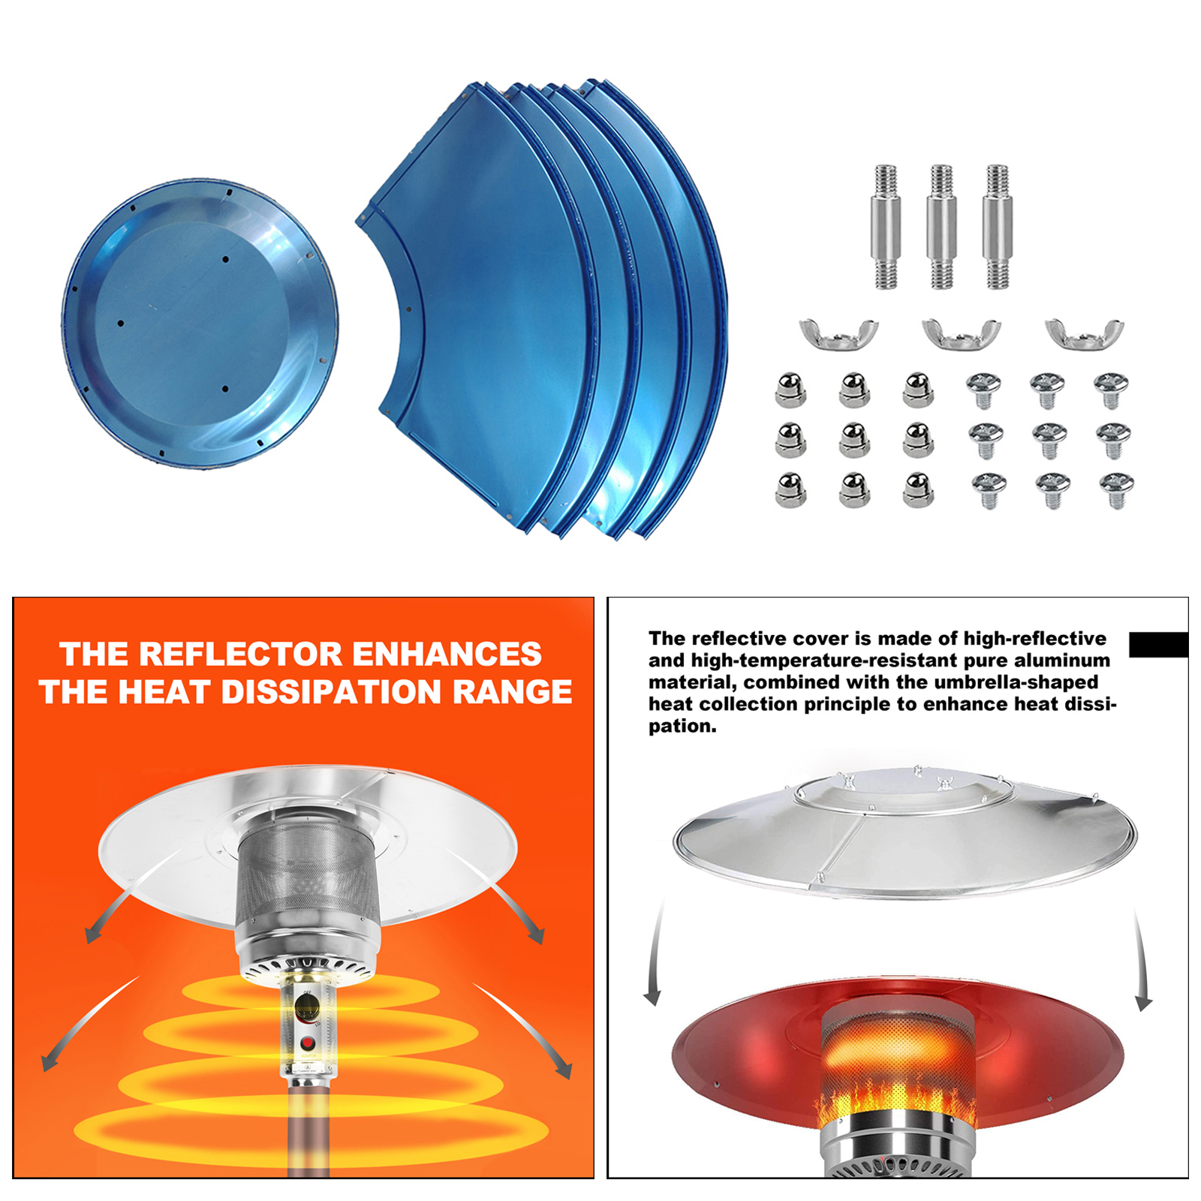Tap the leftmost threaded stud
coord(886,227)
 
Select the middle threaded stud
coord(941,227)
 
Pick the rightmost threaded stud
coord(997,227)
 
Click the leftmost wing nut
coord(838,333)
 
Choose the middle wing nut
coord(962,333)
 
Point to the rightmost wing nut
coord(1085,333)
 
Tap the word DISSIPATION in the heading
coord(331,692)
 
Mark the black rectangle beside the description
coord(1158,645)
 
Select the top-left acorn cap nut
coord(790,390)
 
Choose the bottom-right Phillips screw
coord(1116,489)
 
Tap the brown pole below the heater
coord(309,1133)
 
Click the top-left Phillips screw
coord(983,389)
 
